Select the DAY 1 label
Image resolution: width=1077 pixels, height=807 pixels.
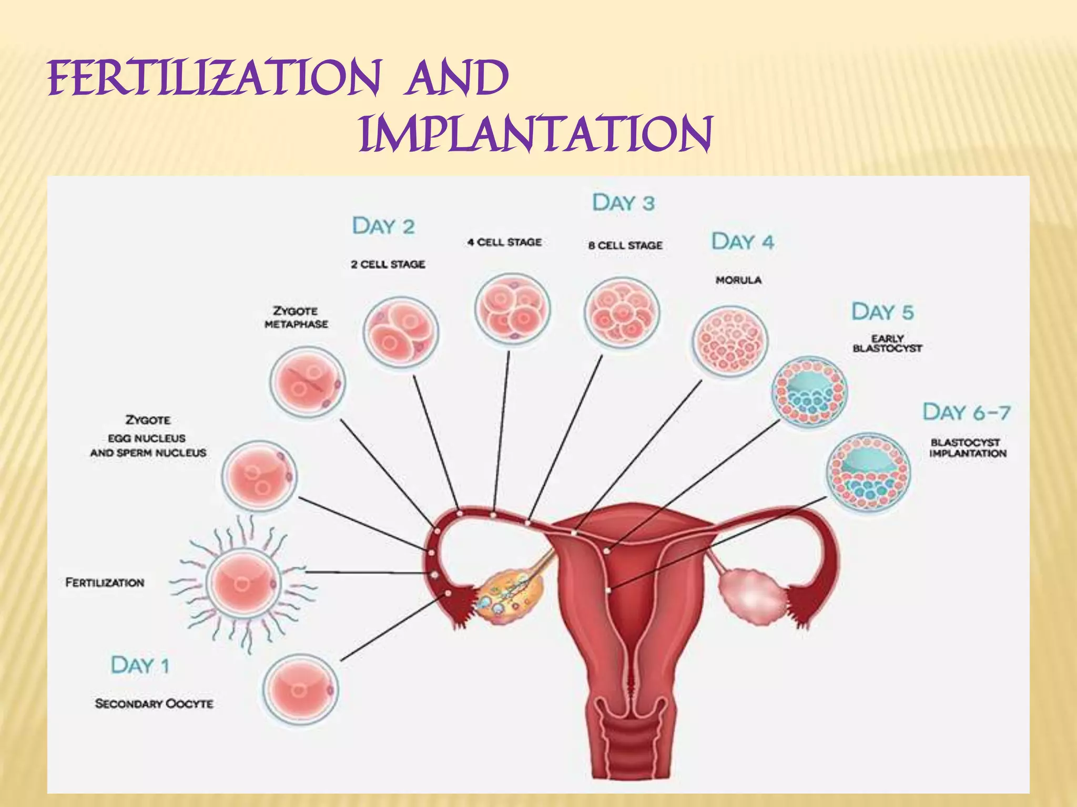[140, 665]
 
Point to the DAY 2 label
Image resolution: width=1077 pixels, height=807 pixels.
[383, 226]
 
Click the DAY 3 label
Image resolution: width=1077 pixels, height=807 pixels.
[623, 203]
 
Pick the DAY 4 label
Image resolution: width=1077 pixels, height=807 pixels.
[743, 242]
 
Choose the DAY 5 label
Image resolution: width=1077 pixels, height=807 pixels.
[882, 312]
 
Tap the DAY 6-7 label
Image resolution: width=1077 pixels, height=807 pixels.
[967, 412]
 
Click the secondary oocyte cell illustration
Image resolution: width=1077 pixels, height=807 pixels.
[300, 689]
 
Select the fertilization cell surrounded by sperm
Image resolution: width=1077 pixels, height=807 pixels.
[244, 582]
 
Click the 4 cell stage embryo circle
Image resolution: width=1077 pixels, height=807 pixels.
[512, 309]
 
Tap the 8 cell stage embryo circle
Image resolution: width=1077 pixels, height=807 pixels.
[622, 314]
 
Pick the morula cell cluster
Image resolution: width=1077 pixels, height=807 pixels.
[730, 342]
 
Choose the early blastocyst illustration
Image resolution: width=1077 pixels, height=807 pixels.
[809, 391]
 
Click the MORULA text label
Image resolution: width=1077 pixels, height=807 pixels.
[738, 280]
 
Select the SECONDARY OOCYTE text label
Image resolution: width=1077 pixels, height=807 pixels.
[154, 703]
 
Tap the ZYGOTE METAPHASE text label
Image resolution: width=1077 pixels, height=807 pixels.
[296, 317]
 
